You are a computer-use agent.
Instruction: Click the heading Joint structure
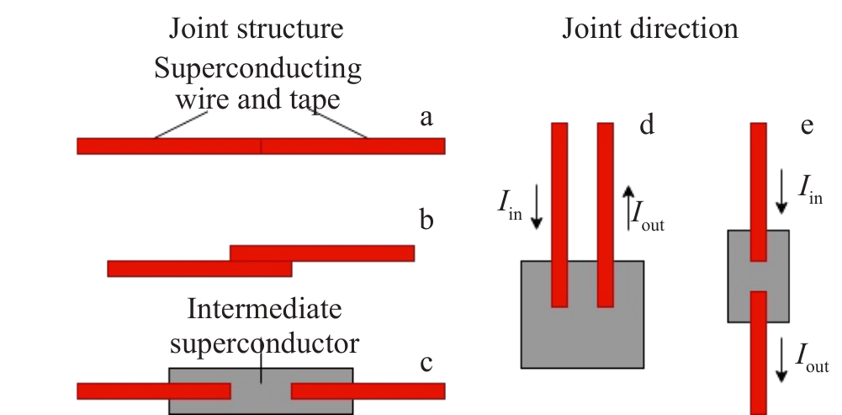click(257, 29)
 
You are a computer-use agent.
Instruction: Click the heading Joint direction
click(650, 29)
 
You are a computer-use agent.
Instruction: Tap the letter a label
click(426, 118)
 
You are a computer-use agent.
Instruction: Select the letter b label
click(426, 221)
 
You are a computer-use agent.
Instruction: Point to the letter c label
click(426, 363)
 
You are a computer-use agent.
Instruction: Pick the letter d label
click(647, 125)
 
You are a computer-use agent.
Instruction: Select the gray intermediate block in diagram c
click(261, 400)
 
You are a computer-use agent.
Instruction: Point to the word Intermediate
click(264, 309)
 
